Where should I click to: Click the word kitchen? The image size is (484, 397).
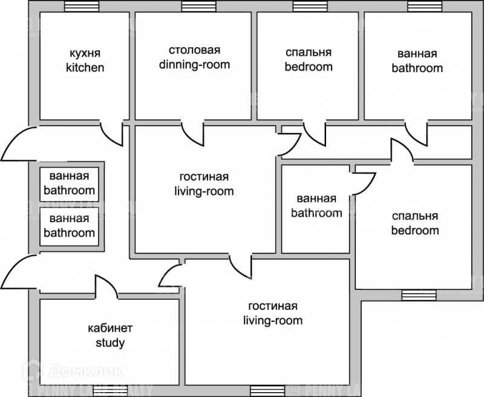coord(85,67)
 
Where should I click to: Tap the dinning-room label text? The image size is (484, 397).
coord(194,64)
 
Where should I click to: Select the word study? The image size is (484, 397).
coord(110,343)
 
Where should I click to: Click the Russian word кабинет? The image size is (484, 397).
coord(110,329)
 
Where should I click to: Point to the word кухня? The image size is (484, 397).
coord(85,53)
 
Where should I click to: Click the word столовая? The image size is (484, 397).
coord(194,50)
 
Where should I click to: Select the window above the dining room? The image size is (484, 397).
coord(194,7)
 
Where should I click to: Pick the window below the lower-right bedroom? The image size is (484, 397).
coord(414,295)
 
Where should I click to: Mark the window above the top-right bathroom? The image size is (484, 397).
coord(419,7)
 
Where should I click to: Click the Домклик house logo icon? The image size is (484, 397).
coord(32,370)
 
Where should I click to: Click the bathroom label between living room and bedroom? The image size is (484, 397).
coord(316,206)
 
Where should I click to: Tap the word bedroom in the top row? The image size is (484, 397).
coord(309,67)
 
